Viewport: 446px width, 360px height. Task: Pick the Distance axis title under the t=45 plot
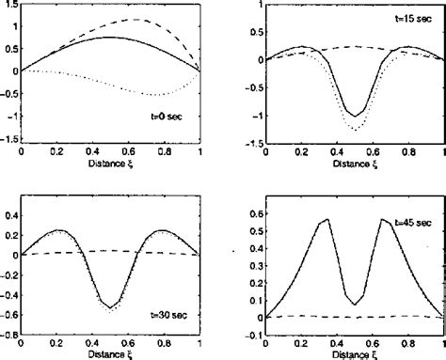(355, 353)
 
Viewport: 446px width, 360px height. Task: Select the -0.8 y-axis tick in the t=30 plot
(8, 332)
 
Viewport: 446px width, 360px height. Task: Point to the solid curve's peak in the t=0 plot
(110, 38)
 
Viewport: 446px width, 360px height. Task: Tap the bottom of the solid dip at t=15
(355, 116)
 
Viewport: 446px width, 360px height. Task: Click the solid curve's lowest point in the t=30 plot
(110, 307)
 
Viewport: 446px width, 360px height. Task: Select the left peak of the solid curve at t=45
(327, 219)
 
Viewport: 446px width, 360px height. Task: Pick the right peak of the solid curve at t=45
(384, 219)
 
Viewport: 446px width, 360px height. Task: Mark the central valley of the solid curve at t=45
(355, 305)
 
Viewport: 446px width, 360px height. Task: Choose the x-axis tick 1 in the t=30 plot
(199, 342)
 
